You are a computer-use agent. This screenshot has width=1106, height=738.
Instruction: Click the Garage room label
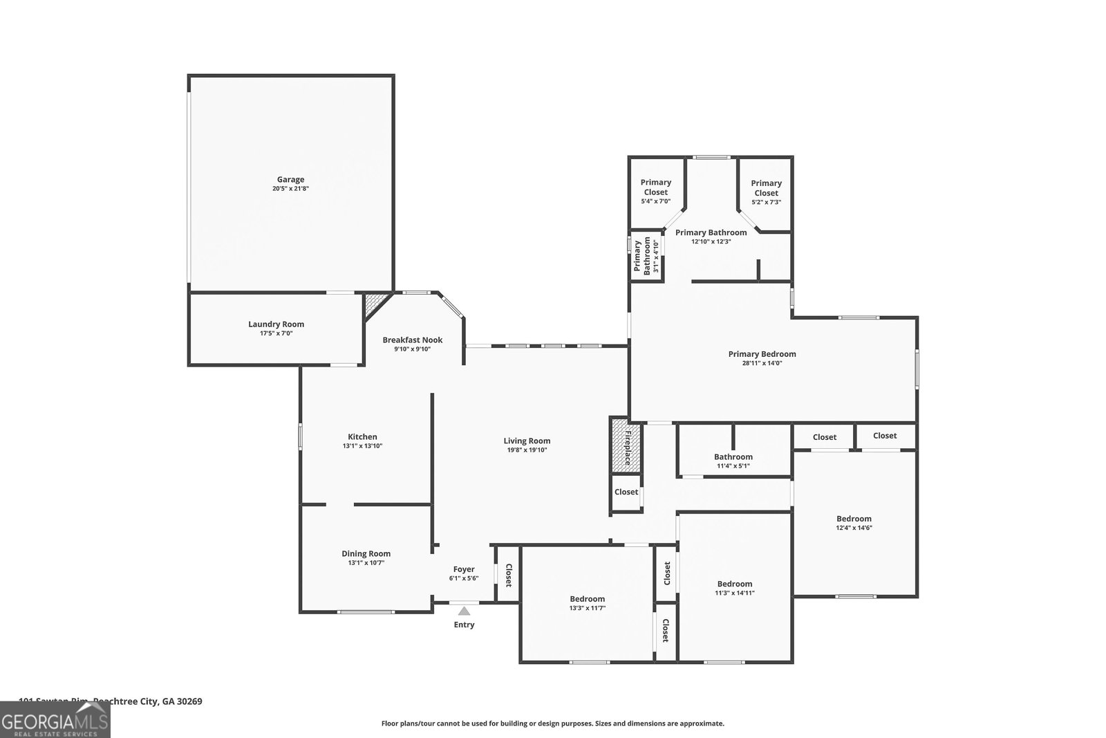pyautogui.click(x=290, y=180)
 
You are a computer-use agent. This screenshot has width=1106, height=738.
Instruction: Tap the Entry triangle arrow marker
pyautogui.click(x=464, y=611)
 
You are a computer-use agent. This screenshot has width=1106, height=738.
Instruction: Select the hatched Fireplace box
pyautogui.click(x=626, y=446)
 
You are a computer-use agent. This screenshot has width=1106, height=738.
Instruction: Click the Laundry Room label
pyautogui.click(x=276, y=324)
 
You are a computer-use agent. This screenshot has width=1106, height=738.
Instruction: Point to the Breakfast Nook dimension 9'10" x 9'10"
pyautogui.click(x=412, y=349)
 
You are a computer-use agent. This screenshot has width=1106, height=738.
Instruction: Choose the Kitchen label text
pyautogui.click(x=362, y=436)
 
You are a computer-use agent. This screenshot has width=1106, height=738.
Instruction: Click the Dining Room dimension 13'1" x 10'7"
pyautogui.click(x=366, y=563)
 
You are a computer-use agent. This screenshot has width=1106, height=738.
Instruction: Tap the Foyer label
pyautogui.click(x=464, y=569)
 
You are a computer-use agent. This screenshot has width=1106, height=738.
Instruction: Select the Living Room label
pyautogui.click(x=527, y=441)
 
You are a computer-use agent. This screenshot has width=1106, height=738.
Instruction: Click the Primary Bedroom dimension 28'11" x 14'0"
pyautogui.click(x=762, y=363)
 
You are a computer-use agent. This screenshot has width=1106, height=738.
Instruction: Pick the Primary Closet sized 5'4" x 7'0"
pyautogui.click(x=655, y=192)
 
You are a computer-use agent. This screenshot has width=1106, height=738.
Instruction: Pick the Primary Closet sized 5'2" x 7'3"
pyautogui.click(x=766, y=192)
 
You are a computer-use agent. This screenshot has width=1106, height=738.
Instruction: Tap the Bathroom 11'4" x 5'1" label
pyautogui.click(x=733, y=461)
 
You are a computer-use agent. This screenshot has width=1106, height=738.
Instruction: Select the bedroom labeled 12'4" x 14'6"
pyautogui.click(x=854, y=523)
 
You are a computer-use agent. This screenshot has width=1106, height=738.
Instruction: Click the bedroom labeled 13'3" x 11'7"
pyautogui.click(x=587, y=603)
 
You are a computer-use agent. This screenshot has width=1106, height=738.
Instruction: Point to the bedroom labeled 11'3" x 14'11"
pyautogui.click(x=734, y=588)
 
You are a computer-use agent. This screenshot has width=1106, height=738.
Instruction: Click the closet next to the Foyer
pyautogui.click(x=508, y=575)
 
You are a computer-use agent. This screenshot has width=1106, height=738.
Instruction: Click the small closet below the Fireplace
pyautogui.click(x=626, y=492)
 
